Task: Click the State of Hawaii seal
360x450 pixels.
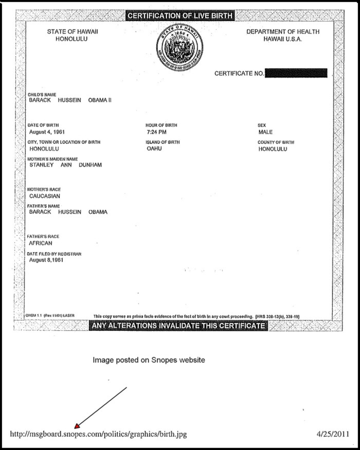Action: coord(180,47)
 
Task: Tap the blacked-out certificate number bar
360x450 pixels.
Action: coord(296,73)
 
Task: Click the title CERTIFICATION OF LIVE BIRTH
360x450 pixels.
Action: coord(180,16)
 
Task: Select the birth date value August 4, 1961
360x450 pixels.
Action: coord(47,132)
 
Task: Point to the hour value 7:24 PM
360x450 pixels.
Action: coord(157,132)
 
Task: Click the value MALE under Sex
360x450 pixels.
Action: coord(266,132)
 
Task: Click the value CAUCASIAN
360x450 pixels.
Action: coord(45,196)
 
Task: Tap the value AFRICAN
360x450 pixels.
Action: coord(41,243)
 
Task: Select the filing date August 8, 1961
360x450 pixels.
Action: coord(46,260)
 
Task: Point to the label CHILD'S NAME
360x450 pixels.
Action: coord(42,95)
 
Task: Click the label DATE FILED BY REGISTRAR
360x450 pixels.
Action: coord(54,254)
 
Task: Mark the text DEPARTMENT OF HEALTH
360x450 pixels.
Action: coord(283,32)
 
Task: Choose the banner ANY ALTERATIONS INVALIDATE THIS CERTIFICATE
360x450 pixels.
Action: coord(178,326)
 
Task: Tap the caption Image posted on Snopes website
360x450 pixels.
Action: coord(149,360)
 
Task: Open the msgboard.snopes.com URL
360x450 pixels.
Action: coord(98,434)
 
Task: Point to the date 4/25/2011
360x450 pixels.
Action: coord(332,434)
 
